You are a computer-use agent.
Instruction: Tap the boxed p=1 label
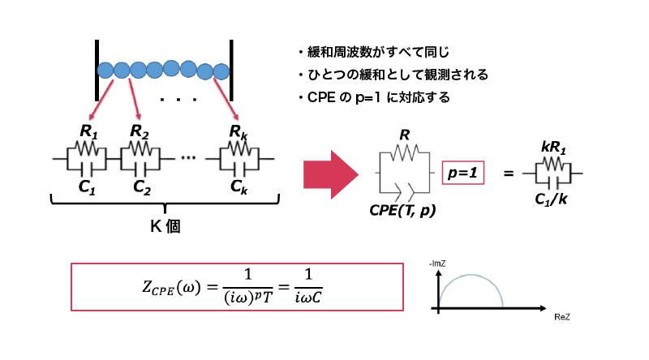pos(463,173)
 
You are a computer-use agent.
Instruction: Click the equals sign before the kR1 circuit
pos(508,173)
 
